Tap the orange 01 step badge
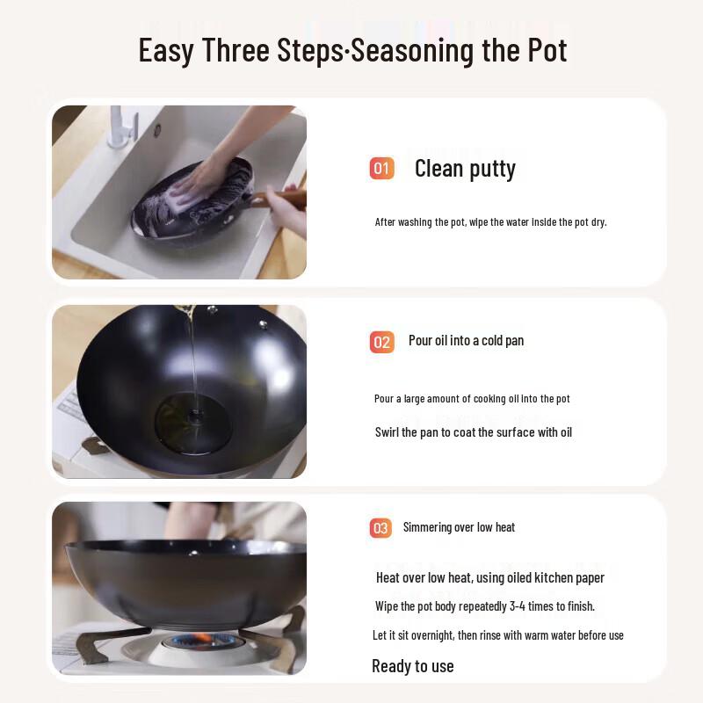pyautogui.click(x=381, y=168)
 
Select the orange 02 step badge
pyautogui.click(x=381, y=342)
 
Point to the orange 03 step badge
pyautogui.click(x=380, y=528)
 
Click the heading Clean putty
pyautogui.click(x=465, y=169)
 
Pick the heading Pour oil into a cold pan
pyautogui.click(x=466, y=341)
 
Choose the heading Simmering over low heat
pyautogui.click(x=459, y=527)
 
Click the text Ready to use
pyautogui.click(x=413, y=666)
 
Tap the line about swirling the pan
pyautogui.click(x=474, y=432)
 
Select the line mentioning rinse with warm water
pyautogui.click(x=497, y=635)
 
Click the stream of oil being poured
pyautogui.click(x=192, y=351)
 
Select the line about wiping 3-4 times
pyautogui.click(x=485, y=606)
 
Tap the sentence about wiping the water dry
pyautogui.click(x=490, y=222)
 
